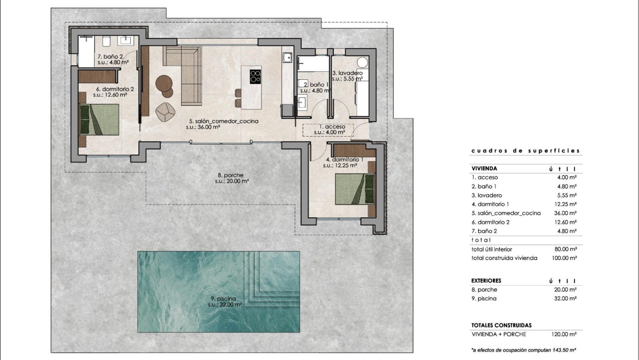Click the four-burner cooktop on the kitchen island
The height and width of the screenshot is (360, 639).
point(256,76)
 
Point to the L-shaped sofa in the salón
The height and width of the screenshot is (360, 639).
point(186,74)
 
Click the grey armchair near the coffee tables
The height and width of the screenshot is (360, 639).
point(165,111)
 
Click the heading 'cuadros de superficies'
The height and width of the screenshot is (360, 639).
point(525,151)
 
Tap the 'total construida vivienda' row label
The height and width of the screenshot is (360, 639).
point(504,258)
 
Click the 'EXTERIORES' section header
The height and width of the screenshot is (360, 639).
point(487,281)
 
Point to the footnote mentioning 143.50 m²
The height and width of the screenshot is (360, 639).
point(524,350)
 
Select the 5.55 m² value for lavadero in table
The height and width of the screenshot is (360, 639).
point(567,195)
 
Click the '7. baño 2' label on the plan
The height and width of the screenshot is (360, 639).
point(109,56)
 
